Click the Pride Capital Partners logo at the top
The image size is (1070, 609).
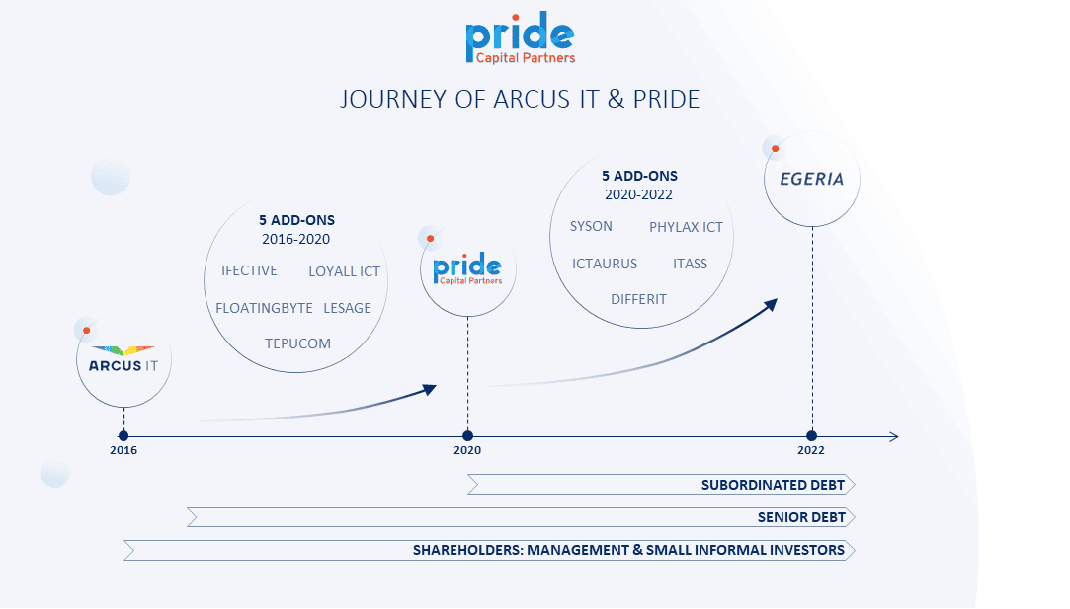[520, 38]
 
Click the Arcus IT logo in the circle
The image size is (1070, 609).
[123, 359]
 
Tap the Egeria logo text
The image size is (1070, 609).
[812, 179]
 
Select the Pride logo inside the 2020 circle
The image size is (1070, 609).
[467, 268]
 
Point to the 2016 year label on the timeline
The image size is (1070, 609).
[123, 450]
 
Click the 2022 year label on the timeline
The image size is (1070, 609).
[811, 450]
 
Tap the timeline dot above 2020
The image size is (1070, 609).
[467, 436]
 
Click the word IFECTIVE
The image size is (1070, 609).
[249, 270]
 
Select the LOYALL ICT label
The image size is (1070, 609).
[344, 271]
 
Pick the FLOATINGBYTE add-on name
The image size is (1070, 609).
[264, 308]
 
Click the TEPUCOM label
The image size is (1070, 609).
[297, 343]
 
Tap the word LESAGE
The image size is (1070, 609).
[348, 308]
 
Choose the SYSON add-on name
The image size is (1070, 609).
[591, 226]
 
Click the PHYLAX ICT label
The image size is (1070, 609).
[686, 227]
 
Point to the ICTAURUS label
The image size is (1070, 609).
[605, 264]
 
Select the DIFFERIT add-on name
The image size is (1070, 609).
[638, 299]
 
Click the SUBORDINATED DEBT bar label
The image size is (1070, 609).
[774, 485]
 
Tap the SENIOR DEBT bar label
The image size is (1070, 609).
[801, 517]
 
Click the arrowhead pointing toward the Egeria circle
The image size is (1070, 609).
[771, 305]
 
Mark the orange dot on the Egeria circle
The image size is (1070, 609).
[776, 149]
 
